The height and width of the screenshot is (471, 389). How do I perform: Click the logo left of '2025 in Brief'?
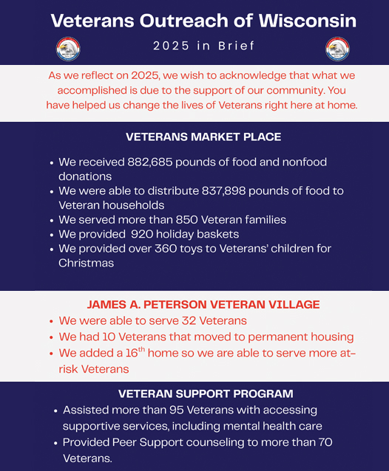pos(68,49)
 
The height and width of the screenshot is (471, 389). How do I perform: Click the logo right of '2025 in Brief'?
pos(337,49)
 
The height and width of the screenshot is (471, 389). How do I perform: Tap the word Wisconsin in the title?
pos(303,19)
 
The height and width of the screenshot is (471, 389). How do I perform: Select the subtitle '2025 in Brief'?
pos(203,47)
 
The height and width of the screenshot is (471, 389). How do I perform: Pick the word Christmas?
pos(87,263)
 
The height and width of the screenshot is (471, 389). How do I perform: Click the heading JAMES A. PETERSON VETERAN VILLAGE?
pos(203,304)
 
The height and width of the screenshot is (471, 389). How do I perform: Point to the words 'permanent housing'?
pos(303,337)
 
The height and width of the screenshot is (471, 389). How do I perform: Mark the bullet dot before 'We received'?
pos(51,162)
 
